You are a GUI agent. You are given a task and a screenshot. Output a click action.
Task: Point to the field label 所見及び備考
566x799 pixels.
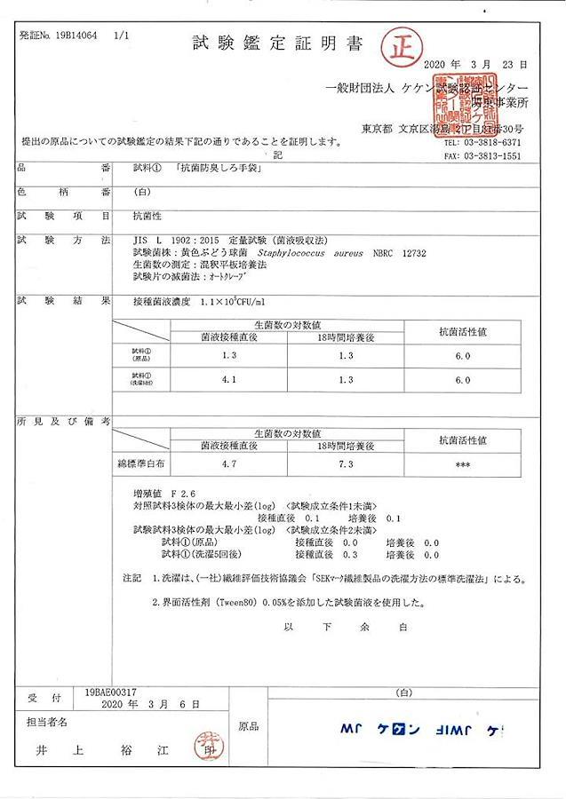pos(62,421)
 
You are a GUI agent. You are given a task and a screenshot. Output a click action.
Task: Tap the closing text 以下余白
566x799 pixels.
pos(344,626)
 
